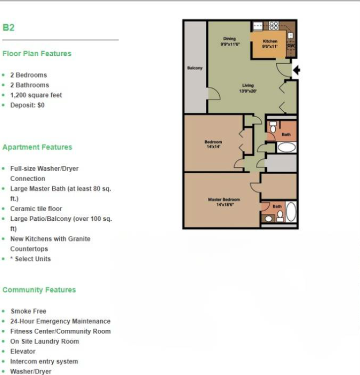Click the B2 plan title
point(8,28)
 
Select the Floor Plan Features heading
point(37,54)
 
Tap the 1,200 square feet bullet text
point(36,95)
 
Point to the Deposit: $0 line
point(27,105)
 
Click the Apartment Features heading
point(37,147)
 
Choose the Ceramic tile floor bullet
point(36,209)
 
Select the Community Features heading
point(39,290)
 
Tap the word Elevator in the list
point(23,351)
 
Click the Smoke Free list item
point(28,311)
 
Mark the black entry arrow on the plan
point(296,70)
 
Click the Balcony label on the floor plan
point(195,68)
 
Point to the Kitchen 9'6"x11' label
point(270,44)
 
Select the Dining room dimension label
point(230,41)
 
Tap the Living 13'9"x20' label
point(248,87)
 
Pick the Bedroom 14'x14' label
point(213,144)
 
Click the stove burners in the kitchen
point(274,26)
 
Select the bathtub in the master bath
point(291,212)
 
